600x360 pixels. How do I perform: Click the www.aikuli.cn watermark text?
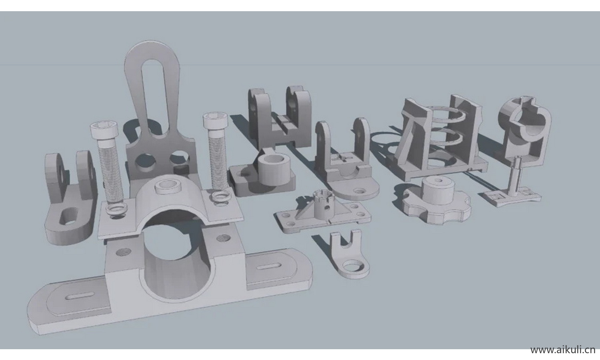click(x=562, y=350)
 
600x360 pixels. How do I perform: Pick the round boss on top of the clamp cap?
click(x=170, y=186)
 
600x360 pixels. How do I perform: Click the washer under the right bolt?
click(x=221, y=196)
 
